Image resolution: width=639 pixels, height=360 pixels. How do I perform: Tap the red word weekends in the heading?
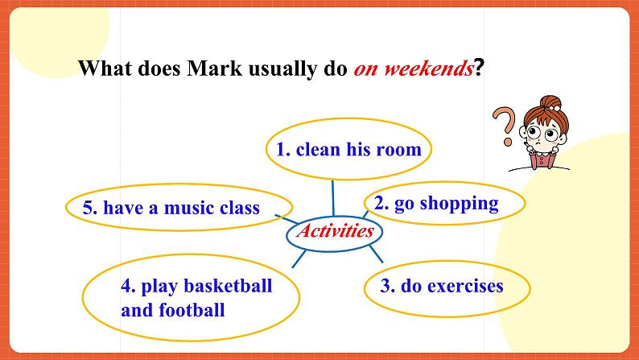(427, 68)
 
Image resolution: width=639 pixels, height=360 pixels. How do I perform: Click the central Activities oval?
(336, 231)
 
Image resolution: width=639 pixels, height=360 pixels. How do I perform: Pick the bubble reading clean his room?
(348, 149)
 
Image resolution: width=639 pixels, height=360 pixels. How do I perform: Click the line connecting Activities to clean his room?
(332, 198)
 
